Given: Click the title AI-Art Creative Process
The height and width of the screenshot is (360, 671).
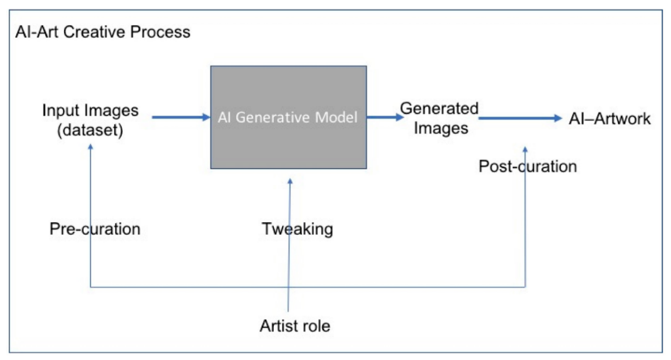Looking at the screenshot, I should [x=103, y=32].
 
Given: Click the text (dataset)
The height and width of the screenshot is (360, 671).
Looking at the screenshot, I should [x=90, y=130].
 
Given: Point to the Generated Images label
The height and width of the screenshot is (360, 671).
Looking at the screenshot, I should [x=440, y=118].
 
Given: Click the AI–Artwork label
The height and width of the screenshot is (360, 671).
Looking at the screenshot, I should [x=609, y=119].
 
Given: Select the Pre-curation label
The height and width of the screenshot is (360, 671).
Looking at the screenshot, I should [x=95, y=229].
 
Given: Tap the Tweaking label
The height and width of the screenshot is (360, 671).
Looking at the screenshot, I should [x=297, y=229].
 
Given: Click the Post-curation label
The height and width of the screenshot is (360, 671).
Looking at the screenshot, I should [x=528, y=166].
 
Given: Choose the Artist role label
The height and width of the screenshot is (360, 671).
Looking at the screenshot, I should [x=295, y=326].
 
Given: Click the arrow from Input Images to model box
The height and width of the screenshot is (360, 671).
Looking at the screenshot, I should [x=180, y=117].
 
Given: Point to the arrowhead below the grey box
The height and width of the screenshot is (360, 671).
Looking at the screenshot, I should [x=290, y=181].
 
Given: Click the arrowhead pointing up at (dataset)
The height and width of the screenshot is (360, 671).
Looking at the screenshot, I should [x=90, y=146].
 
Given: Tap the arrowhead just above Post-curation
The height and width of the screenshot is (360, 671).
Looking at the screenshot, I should [x=525, y=149].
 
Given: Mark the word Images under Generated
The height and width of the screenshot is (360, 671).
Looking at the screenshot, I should [x=441, y=128].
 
